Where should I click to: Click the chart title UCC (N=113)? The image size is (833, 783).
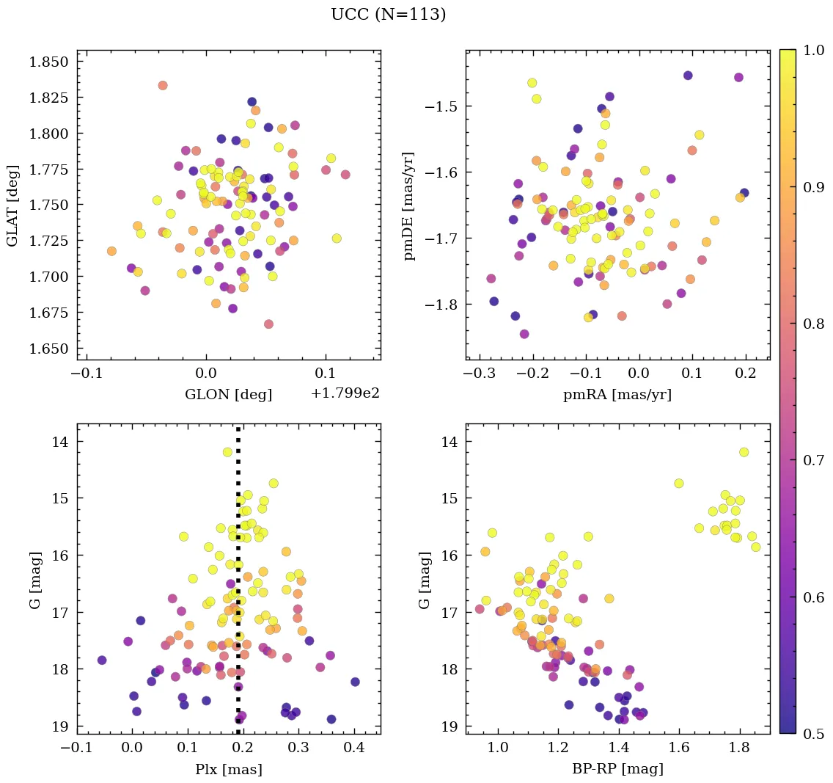(389, 15)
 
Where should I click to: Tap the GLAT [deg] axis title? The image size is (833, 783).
(13, 205)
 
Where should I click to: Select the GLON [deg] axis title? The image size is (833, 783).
(228, 395)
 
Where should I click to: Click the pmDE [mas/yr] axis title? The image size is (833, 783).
(409, 205)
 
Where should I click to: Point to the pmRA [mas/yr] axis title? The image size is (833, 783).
(617, 395)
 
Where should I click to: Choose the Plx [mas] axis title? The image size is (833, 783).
(228, 769)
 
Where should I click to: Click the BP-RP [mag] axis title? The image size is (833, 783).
(617, 769)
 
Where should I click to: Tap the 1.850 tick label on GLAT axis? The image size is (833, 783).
(48, 62)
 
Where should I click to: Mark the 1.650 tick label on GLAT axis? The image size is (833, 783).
(48, 349)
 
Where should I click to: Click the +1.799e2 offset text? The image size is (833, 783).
(345, 394)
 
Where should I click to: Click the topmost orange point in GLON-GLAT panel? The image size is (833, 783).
(163, 86)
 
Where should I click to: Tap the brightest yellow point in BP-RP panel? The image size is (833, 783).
(744, 452)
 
